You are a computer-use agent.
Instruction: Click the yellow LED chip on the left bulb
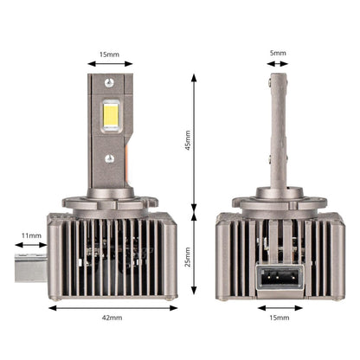(111, 115)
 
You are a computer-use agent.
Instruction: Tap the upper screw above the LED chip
(109, 83)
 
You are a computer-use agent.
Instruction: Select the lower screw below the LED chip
(110, 158)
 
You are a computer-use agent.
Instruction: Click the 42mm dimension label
(112, 318)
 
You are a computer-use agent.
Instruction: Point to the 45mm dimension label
(188, 140)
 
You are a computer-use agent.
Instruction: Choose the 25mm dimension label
(188, 257)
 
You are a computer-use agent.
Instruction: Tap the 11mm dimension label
(31, 235)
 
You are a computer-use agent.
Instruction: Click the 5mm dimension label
(278, 53)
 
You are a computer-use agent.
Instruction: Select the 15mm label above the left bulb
(109, 55)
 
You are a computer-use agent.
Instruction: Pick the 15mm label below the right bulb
(280, 318)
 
